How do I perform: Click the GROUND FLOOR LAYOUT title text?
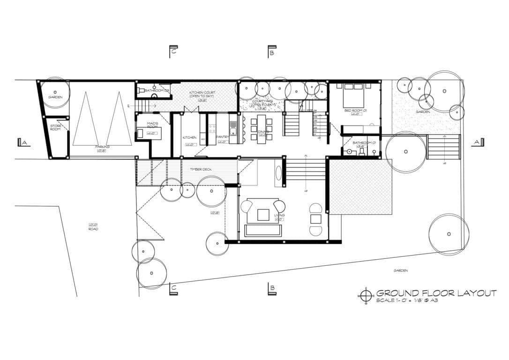click(436, 293)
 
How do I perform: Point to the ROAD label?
click(93, 229)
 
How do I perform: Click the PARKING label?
click(102, 147)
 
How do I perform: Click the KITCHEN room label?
click(189, 137)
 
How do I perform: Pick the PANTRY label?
click(222, 137)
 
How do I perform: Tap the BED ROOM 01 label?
click(353, 111)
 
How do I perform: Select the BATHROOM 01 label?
click(362, 142)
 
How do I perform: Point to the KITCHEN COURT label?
click(202, 94)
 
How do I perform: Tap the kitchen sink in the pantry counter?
click(233, 127)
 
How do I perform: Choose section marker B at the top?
click(271, 51)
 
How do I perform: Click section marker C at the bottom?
click(173, 289)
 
